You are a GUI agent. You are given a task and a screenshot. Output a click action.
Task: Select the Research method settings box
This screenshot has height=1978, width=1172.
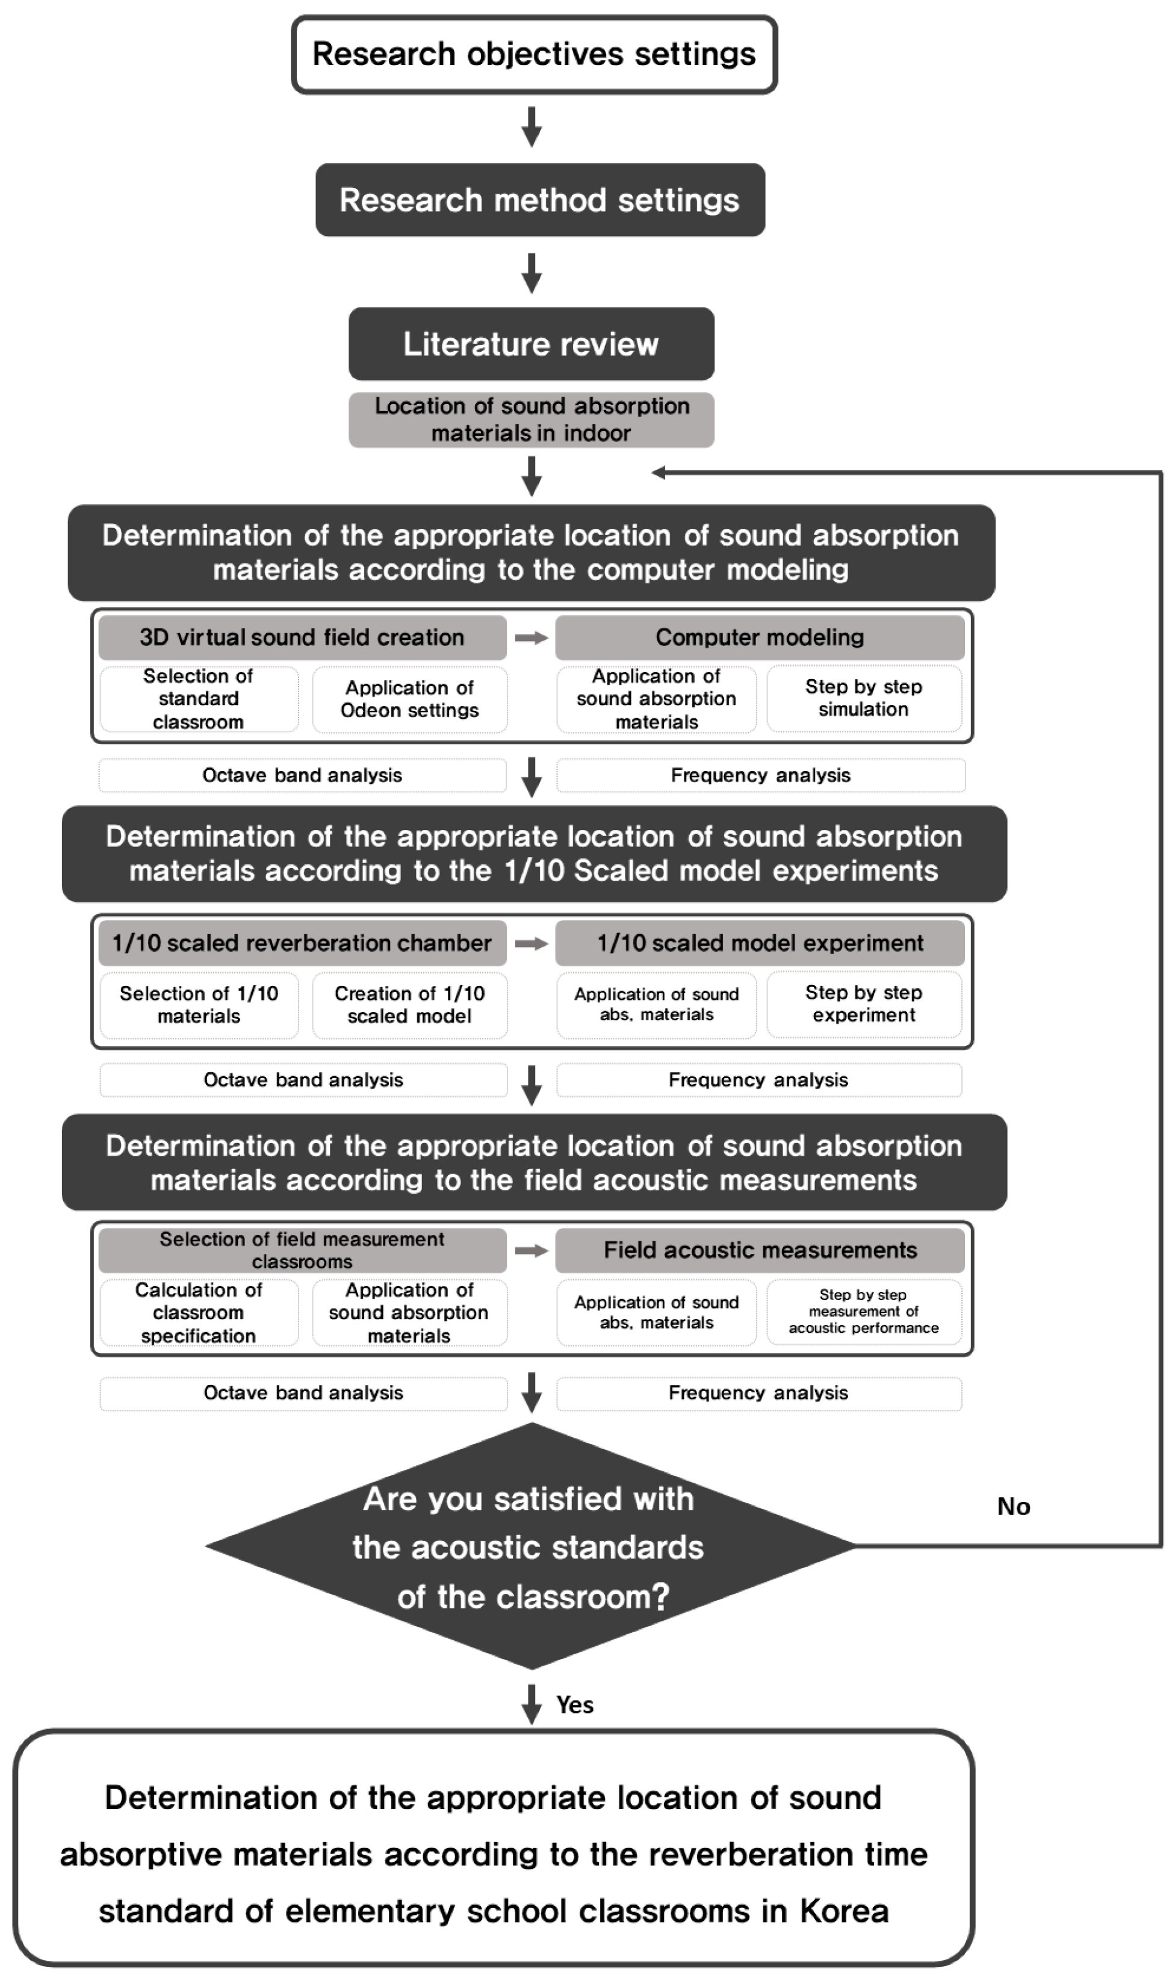[x=539, y=200]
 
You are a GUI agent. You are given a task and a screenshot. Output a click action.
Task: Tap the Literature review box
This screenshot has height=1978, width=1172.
[x=531, y=344]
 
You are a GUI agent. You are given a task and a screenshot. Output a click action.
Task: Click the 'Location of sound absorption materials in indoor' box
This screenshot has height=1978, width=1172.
[x=531, y=420]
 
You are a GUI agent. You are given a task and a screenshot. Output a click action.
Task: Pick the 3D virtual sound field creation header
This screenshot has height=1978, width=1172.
[x=302, y=637]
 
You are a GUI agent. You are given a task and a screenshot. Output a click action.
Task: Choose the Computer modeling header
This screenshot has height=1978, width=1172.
[x=759, y=637]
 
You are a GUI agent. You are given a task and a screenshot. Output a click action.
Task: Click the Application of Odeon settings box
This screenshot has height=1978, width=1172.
[x=409, y=699]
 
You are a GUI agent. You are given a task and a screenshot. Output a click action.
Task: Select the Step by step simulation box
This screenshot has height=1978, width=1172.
[x=863, y=698]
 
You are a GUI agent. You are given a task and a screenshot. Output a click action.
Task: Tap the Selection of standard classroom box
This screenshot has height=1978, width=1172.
[x=198, y=699]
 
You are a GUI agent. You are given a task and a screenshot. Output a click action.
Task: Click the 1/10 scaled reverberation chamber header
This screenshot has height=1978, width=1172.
[x=302, y=943]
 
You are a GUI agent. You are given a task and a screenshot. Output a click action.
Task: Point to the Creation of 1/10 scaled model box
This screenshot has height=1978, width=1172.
[x=409, y=1005]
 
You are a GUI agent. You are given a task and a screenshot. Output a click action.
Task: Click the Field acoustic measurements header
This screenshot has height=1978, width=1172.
[x=759, y=1250]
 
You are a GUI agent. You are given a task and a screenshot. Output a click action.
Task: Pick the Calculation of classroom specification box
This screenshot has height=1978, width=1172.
[x=198, y=1312]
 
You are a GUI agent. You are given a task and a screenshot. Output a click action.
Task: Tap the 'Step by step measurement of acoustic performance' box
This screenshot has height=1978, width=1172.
[x=863, y=1312]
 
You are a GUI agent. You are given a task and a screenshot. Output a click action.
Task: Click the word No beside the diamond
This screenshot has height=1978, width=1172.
[x=1013, y=1507]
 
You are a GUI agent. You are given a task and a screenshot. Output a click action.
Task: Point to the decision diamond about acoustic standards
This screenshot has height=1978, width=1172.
[x=531, y=1547]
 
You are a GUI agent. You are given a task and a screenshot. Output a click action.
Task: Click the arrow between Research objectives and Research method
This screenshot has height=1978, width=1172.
[x=532, y=126]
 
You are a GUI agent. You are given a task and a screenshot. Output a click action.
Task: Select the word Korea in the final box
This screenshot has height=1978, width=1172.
[x=845, y=1912]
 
